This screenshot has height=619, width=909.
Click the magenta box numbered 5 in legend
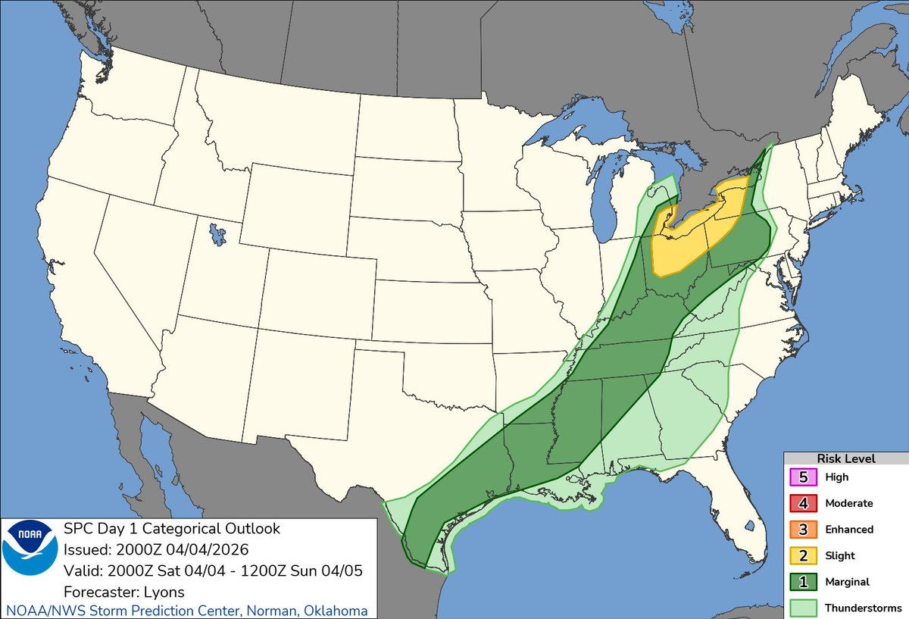803,477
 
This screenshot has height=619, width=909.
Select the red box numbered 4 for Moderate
803,503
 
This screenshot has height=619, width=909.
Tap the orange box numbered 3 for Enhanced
803,530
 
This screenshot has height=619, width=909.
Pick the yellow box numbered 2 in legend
803,555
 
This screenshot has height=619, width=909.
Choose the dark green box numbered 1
803,582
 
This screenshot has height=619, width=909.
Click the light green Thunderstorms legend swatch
803,608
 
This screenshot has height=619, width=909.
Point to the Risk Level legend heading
845,458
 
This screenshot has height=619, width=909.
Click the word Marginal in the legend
847,582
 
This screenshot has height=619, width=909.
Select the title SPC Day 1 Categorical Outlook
172,529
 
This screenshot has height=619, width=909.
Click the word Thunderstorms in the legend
864,608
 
